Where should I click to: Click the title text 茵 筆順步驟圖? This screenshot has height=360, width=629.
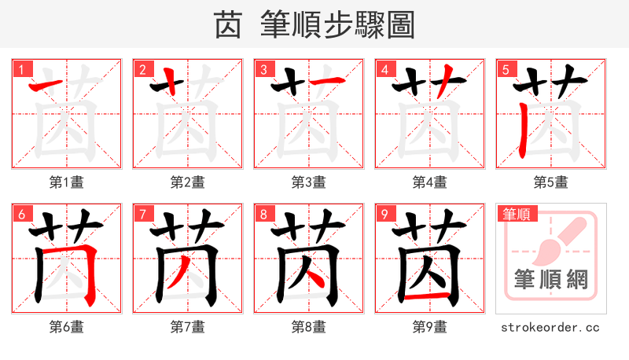point(314,25)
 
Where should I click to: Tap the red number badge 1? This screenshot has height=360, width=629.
point(21,69)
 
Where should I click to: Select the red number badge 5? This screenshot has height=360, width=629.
point(506,69)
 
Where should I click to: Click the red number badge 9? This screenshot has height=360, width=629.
point(384,214)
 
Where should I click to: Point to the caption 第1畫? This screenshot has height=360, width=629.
point(67,182)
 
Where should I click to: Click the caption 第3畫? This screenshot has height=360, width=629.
point(309,182)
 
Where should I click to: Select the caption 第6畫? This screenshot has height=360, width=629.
point(67,327)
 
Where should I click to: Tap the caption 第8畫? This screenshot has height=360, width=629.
point(309,327)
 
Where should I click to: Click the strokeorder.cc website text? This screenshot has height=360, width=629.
point(550,327)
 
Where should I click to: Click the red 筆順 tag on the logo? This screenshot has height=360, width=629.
point(516,213)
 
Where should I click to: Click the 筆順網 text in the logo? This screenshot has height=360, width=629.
point(550,280)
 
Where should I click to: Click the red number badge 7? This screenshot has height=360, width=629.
point(142,214)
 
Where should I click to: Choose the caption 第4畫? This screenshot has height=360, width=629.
point(430,182)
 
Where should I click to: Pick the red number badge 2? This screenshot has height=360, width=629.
point(142,69)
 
